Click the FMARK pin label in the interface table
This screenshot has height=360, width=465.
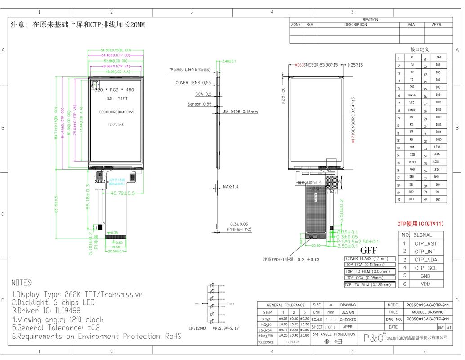pos(411,110)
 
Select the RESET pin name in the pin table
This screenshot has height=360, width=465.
pos(412,162)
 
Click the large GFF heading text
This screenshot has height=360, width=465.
pos(368,251)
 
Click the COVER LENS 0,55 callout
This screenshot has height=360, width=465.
pos(193,83)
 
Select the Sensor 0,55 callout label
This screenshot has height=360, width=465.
pos(199,104)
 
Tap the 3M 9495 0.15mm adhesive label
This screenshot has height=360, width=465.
pos(241,112)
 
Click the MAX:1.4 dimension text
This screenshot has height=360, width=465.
pos(230,186)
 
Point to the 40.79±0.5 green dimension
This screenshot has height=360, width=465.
pos(123,193)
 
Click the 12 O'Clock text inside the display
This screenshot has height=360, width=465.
pos(116,124)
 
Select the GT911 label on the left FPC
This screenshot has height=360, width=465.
pos(100,181)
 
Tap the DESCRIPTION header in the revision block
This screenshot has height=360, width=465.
pos(355,25)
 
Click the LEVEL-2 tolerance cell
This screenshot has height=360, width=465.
pos(292,342)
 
